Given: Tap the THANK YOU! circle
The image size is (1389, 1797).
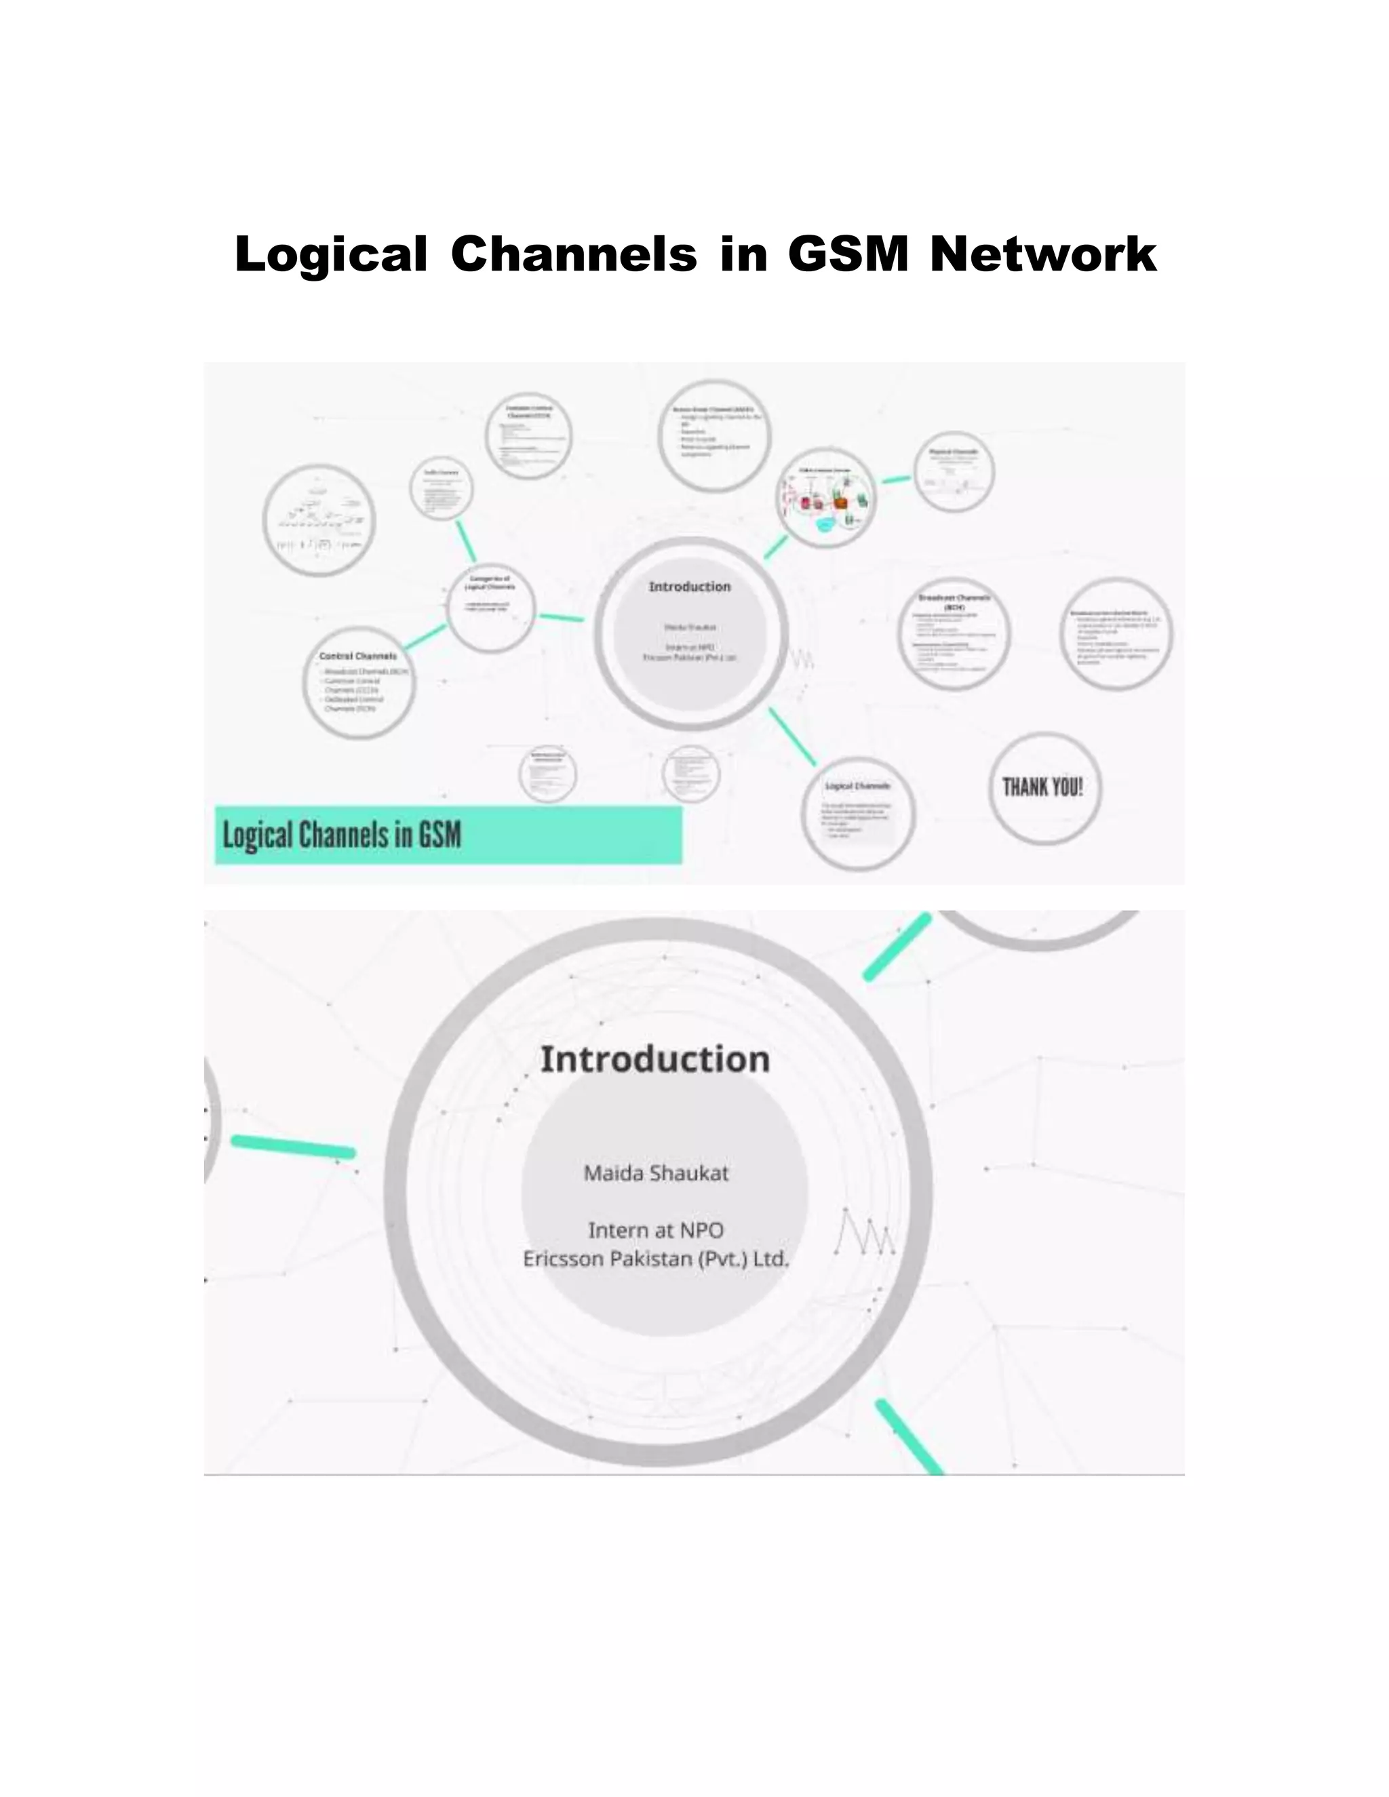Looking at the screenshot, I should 1042,787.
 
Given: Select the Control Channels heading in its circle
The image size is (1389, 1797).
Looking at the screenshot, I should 358,656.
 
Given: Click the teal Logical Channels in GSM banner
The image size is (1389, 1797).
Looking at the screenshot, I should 448,835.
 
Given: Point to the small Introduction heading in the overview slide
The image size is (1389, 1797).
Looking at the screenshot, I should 690,587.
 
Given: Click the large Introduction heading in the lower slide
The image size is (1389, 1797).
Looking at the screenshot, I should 655,1059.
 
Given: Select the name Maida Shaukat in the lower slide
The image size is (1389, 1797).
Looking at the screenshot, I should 656,1173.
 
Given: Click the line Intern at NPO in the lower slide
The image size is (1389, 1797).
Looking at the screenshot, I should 656,1230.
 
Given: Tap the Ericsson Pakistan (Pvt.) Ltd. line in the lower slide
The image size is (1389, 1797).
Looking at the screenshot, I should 656,1259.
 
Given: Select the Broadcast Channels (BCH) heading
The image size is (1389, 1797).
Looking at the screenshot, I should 954,601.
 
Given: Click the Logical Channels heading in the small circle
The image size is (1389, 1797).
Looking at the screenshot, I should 857,787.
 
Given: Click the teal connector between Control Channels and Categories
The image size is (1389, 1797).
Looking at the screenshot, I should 425,637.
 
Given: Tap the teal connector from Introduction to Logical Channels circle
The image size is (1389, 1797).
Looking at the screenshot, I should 791,736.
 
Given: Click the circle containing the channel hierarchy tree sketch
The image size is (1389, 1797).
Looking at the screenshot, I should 319,520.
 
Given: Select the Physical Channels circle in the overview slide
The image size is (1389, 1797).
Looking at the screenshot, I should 954,471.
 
